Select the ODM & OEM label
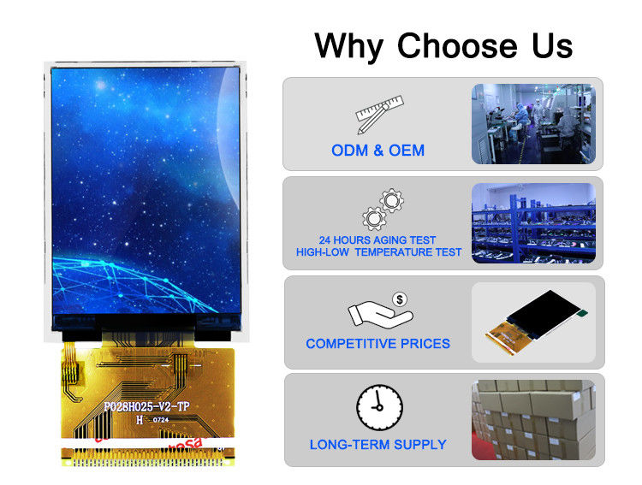click(377, 151)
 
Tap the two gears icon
click(383, 209)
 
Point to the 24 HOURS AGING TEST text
click(377, 240)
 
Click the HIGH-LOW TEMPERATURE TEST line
click(378, 252)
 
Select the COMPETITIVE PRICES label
click(377, 344)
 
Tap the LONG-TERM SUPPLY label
click(377, 445)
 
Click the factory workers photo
click(532, 124)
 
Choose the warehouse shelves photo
click(532, 222)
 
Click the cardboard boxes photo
click(532, 420)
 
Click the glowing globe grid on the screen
click(120, 278)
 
